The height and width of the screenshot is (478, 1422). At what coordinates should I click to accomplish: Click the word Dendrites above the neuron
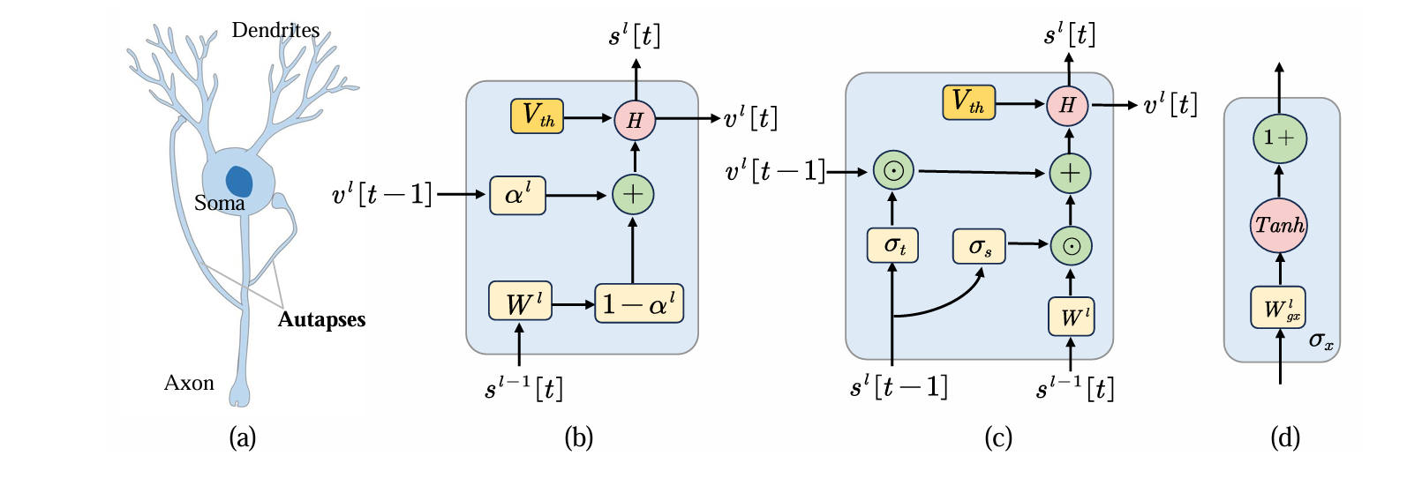pos(275,30)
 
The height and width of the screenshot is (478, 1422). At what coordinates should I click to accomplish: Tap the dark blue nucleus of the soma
pos(239,181)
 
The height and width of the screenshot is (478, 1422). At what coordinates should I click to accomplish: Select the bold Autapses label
pos(321,319)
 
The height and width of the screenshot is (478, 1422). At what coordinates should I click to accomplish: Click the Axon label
pos(189,383)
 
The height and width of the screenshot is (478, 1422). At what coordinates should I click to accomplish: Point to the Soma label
pos(219,203)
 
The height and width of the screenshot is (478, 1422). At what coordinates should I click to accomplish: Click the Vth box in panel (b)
pos(537,116)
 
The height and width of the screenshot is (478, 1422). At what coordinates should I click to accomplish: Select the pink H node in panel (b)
pos(635,119)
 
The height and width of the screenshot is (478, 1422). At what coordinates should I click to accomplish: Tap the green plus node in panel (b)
pos(633,194)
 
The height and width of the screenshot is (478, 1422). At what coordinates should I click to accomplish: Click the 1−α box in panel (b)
pos(639,304)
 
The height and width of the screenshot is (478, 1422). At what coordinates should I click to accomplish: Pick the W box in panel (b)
pos(520,302)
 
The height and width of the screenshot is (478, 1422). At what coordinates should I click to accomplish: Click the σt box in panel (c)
pos(892,245)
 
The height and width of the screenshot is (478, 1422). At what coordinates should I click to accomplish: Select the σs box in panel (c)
pos(979,246)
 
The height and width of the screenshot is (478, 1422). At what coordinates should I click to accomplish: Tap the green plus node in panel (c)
pos(1070,173)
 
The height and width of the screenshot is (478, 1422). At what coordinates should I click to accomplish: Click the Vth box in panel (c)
pos(968,102)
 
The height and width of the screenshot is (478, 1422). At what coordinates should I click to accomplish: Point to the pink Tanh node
pos(1279,226)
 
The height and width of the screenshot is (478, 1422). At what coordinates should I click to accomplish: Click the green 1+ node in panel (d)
pos(1279,138)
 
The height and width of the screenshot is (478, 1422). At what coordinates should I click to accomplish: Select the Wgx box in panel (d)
pos(1278,308)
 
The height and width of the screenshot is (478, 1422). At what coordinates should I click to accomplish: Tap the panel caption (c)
pos(998,437)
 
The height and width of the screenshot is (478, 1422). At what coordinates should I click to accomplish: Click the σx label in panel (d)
pos(1320,340)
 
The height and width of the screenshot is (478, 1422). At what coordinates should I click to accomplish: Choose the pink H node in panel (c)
pos(1068,105)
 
